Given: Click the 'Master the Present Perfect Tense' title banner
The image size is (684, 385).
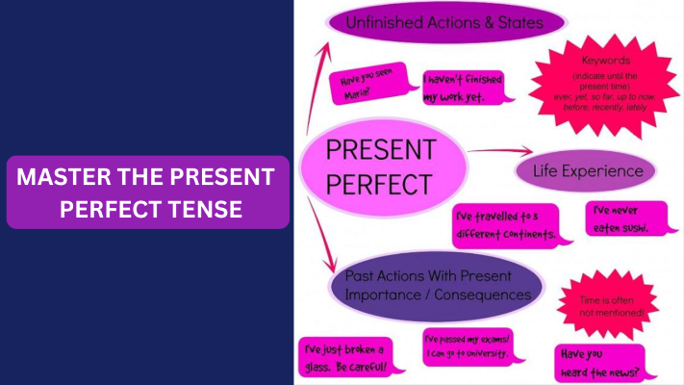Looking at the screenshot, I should [x=148, y=192].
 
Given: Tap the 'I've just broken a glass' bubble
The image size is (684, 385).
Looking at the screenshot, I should [x=343, y=357].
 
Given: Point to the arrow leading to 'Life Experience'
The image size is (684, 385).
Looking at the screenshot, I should [x=501, y=151].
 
